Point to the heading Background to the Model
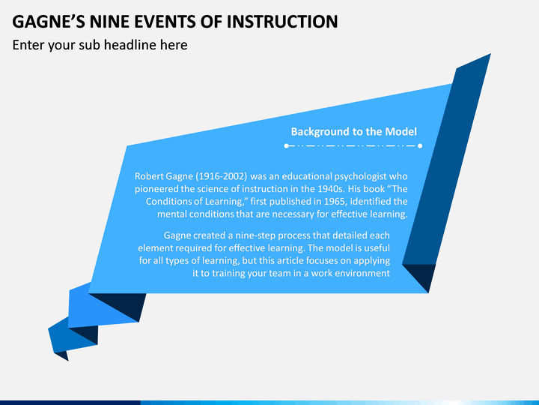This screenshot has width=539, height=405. (x=353, y=131)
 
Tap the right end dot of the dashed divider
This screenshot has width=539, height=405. (x=420, y=145)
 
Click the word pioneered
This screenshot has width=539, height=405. (x=159, y=188)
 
